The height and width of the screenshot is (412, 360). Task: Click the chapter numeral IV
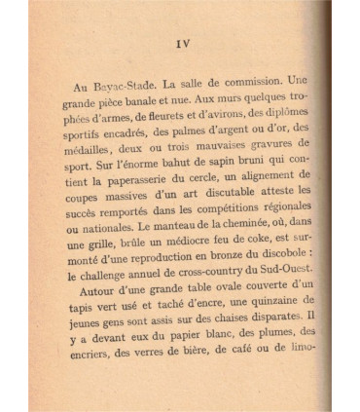coord(182,44)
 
